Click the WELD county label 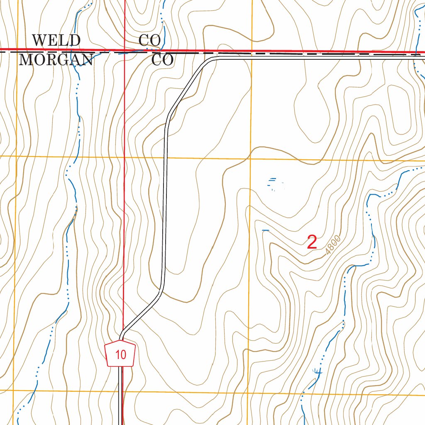(56, 40)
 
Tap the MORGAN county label (56, 60)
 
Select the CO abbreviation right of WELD (150, 40)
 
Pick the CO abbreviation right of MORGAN (162, 60)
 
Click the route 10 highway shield (121, 354)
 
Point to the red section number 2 (312, 242)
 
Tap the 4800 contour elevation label (333, 245)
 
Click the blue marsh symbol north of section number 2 (274, 183)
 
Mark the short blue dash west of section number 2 (266, 230)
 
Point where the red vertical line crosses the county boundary (125, 51)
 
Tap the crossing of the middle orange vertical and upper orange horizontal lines (251, 159)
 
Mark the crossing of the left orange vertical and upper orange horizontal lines (17, 156)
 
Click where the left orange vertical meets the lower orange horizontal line (14, 391)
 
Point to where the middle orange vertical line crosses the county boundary (251, 53)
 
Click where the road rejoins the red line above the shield (122, 334)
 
